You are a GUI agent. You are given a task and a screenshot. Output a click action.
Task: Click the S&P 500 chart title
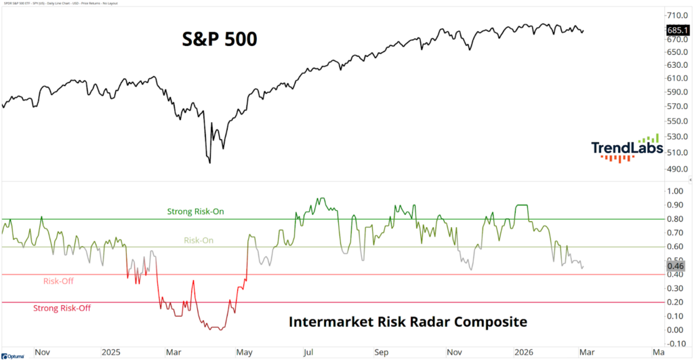tap(219, 39)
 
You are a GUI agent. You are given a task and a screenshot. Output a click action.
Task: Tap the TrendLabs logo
tap(625, 148)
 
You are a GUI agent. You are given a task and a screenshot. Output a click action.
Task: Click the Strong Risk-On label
tap(195, 212)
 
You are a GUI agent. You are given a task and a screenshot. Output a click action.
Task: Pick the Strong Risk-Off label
tap(62, 308)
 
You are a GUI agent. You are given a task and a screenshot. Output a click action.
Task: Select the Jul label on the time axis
tap(308, 353)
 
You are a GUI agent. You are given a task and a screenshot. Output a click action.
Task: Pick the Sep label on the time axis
tap(382, 353)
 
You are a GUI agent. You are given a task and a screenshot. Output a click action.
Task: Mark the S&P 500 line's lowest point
tap(209, 163)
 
